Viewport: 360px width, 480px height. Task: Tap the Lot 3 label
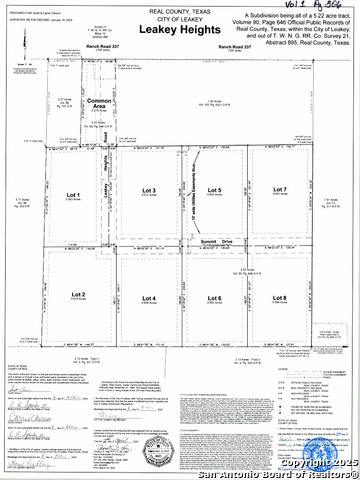149,190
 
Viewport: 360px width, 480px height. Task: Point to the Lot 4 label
149,298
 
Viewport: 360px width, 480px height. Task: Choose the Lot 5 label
213,190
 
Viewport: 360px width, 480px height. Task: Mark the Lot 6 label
213,298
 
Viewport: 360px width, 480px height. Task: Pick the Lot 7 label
279,190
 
